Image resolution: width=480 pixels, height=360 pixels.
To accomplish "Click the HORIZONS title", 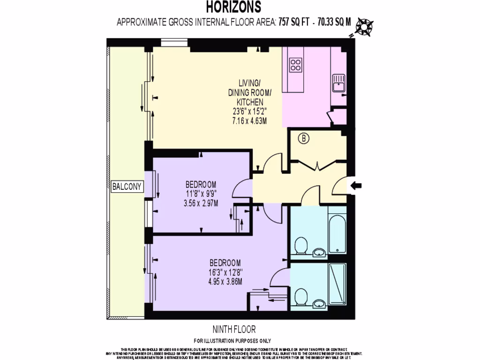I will click(x=234, y=7).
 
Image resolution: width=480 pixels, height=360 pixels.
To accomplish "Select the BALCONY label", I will click(x=127, y=187).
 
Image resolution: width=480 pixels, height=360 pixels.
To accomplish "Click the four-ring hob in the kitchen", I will click(x=296, y=65).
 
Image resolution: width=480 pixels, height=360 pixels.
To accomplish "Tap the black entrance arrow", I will click(x=356, y=186).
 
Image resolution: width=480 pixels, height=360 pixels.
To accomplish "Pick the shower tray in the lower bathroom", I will click(x=337, y=285).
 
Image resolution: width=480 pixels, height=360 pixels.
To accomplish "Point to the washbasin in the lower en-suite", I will click(x=319, y=303).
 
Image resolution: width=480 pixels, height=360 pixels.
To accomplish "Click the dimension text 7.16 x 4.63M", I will click(x=249, y=120).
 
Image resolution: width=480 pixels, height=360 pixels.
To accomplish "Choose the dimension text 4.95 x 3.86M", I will click(x=225, y=281).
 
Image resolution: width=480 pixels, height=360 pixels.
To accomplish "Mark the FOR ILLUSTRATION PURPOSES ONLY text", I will click(x=232, y=341).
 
